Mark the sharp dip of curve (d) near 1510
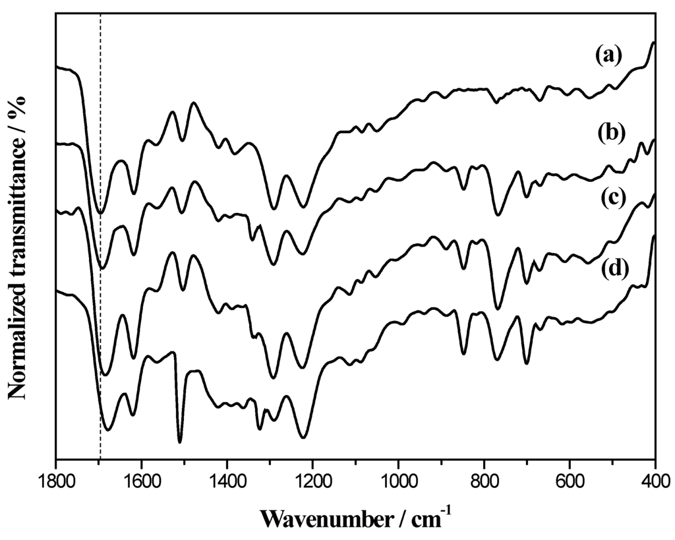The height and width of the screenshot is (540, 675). click(180, 441)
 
